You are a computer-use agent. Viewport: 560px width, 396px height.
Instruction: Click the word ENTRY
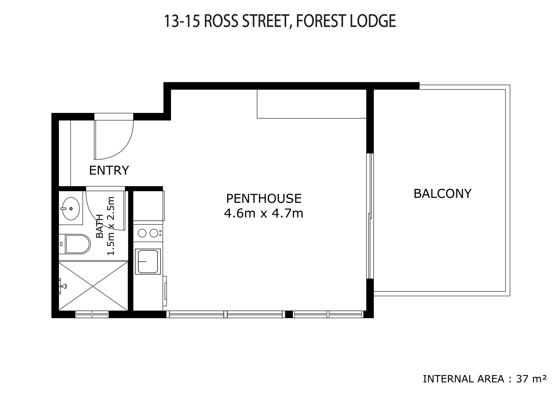point(109,170)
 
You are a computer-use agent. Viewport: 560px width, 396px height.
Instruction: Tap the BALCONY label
point(442,194)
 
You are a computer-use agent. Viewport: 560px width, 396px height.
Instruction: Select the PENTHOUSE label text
point(264,199)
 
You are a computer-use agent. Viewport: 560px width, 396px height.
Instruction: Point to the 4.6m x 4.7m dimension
point(264,213)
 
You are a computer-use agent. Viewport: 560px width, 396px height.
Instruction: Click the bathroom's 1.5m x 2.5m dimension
point(111,226)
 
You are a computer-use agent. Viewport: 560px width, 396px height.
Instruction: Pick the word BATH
point(100,226)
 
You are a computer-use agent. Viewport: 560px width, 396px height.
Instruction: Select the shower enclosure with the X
point(93,286)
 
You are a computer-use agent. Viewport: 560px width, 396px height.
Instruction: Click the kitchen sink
point(148,261)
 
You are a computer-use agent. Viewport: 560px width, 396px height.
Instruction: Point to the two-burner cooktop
point(148,233)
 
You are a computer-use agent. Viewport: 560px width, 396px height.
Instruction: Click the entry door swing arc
point(123,149)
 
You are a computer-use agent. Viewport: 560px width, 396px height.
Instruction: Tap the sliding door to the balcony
point(370,216)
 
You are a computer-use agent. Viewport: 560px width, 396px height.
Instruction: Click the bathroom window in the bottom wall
point(92,314)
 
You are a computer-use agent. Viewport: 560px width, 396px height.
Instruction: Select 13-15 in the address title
point(182,21)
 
